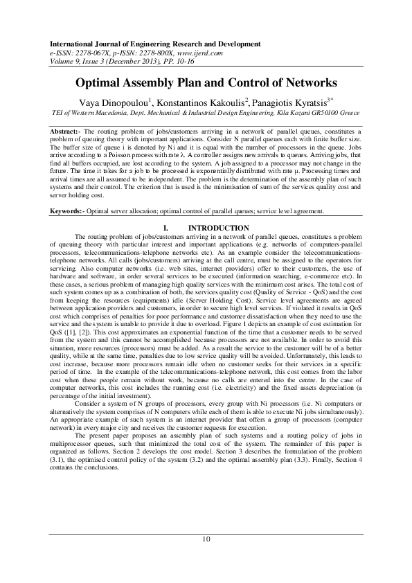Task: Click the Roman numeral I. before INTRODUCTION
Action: coord(165,227)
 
